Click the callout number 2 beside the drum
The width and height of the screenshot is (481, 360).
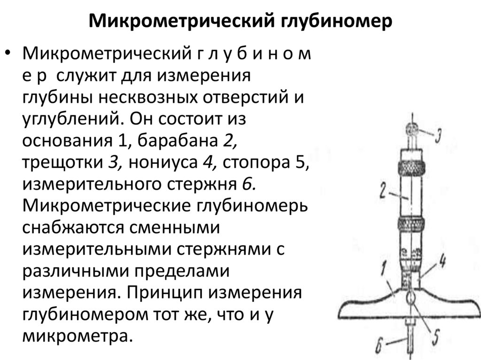click(x=383, y=190)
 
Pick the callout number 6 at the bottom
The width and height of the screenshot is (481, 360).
click(x=381, y=346)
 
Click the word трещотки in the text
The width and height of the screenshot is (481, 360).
click(x=61, y=162)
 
